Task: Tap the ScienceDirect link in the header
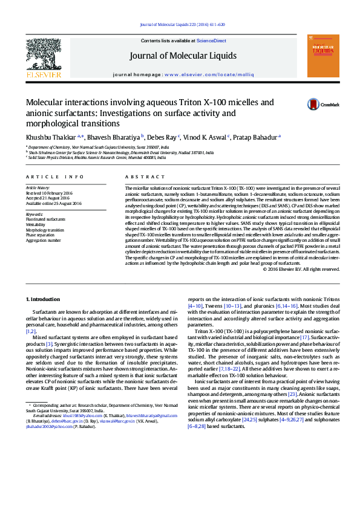click(211, 41)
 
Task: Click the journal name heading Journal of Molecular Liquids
click(182, 56)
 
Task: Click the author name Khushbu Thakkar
click(50, 137)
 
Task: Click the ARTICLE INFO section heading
click(54, 177)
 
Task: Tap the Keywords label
click(34, 214)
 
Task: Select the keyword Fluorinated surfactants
click(45, 219)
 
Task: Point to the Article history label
click(38, 188)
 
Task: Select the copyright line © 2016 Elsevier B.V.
click(301, 269)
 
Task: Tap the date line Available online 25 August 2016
click(53, 204)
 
